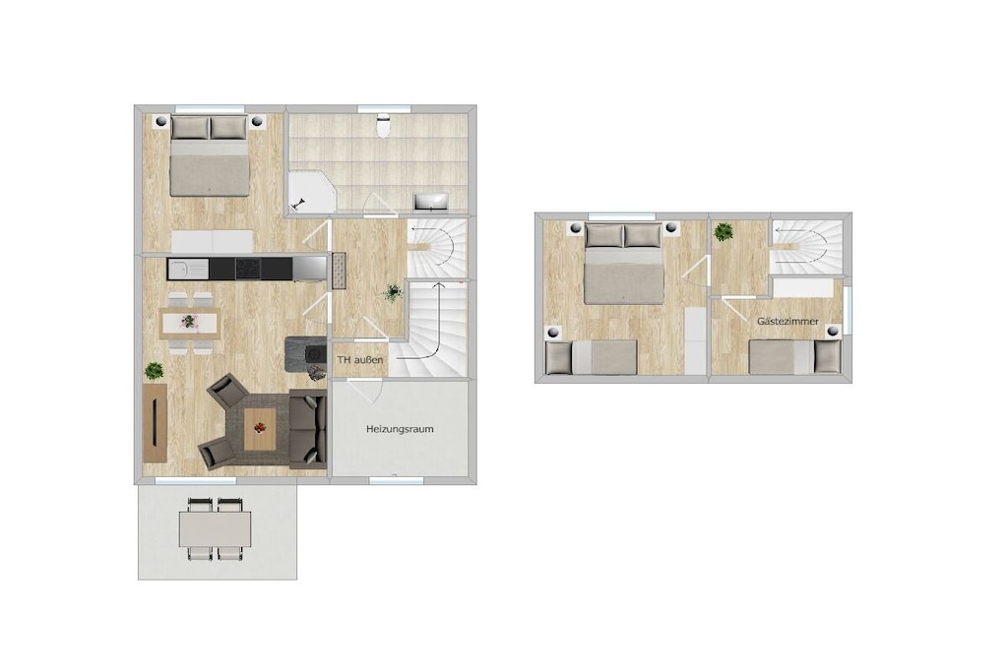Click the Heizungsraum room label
tap(400, 429)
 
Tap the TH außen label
tap(360, 360)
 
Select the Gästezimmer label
tap(787, 321)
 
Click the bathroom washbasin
tap(431, 202)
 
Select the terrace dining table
tap(216, 528)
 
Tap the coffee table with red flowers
tap(260, 429)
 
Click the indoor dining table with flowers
tap(190, 323)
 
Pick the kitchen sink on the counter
tap(187, 268)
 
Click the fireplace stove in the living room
tap(306, 354)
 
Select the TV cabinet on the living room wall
tap(155, 421)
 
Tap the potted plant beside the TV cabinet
tap(154, 371)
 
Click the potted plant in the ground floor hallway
tap(392, 292)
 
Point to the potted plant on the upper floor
tap(724, 231)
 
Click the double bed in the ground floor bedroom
tap(209, 155)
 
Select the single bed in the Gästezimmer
tap(795, 356)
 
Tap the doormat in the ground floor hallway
tap(339, 271)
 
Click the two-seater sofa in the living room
tap(307, 429)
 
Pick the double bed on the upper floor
tap(623, 263)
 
